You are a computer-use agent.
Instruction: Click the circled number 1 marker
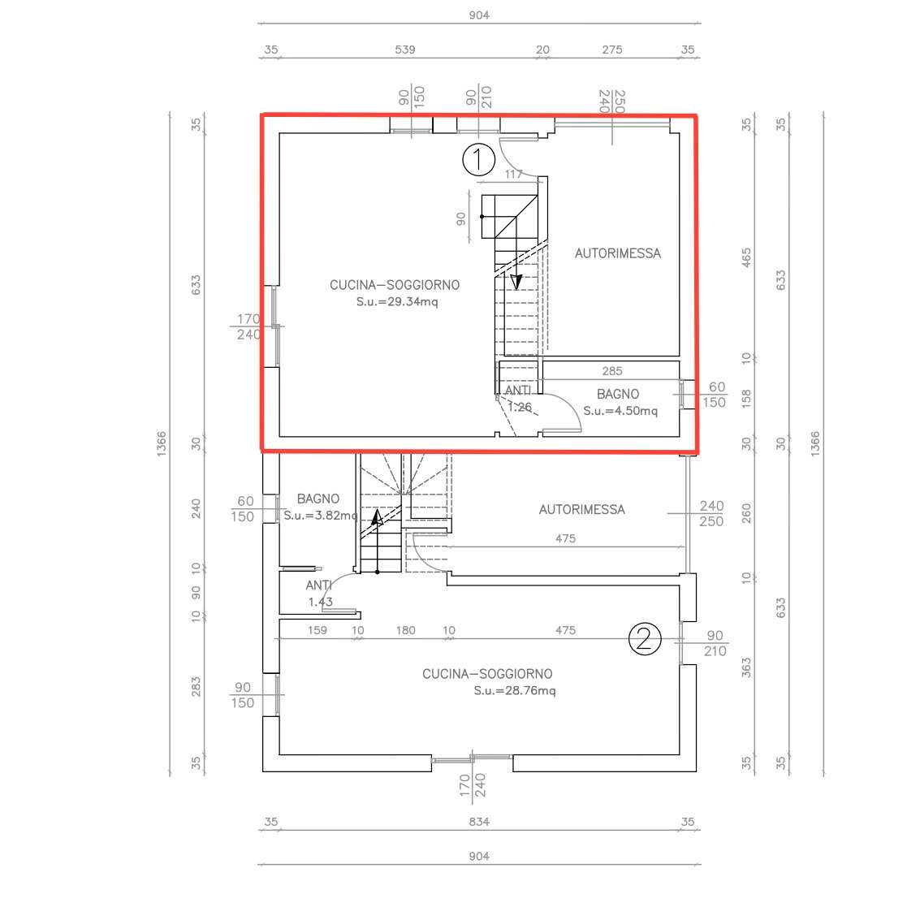point(479,160)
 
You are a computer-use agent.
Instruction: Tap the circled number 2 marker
point(645,638)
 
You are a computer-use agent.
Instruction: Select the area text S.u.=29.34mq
point(397,302)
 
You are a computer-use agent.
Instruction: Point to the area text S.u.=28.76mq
point(515,690)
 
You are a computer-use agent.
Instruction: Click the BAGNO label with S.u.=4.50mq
point(618,395)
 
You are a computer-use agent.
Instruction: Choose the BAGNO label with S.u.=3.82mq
point(318,499)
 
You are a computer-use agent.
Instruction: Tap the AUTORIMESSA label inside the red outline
point(618,253)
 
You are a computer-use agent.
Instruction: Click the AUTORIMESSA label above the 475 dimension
point(582,509)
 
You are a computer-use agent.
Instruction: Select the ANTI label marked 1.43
point(319,585)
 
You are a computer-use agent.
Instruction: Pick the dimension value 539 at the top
point(405,50)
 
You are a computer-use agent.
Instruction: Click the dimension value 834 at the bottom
point(479,822)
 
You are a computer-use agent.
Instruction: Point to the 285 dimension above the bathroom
point(612,371)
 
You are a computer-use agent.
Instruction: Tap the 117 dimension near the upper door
point(513,175)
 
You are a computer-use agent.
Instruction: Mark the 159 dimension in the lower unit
point(317,630)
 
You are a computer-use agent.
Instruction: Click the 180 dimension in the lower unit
point(405,630)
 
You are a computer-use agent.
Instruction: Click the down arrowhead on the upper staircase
point(516,283)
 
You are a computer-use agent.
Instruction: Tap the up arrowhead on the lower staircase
point(378,517)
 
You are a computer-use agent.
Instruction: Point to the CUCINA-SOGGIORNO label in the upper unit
point(395,285)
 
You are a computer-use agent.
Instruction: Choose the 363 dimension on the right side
point(746,667)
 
